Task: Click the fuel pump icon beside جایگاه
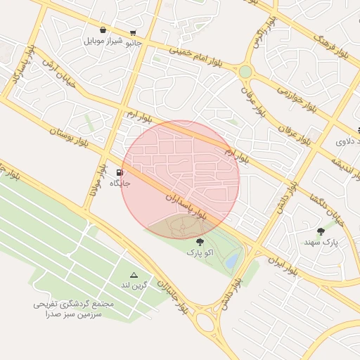click(120, 172)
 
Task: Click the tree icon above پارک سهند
click(321, 231)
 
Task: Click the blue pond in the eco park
click(231, 261)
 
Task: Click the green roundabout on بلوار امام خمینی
click(245, 71)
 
